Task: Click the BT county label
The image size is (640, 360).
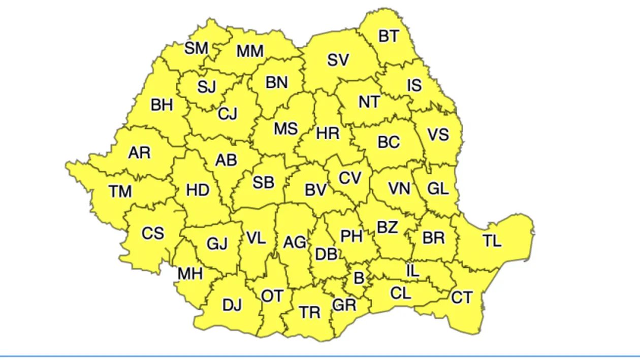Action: click(389, 37)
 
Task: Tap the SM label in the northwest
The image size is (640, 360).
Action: click(196, 49)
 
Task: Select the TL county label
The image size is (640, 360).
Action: click(492, 241)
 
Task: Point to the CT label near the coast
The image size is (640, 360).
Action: click(462, 298)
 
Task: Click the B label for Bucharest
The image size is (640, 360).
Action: click(359, 278)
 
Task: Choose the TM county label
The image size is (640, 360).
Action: click(120, 191)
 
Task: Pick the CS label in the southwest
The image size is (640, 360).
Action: click(152, 233)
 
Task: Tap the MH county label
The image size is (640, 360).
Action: click(190, 274)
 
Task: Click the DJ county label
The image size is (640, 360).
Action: click(232, 305)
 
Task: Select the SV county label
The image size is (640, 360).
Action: click(338, 60)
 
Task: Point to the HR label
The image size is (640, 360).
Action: click(328, 134)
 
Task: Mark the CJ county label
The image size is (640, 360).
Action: click(228, 114)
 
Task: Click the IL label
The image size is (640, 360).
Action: click(413, 271)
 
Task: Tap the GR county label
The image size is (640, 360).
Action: click(344, 305)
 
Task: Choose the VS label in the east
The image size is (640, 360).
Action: click(438, 135)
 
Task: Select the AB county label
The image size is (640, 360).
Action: click(226, 160)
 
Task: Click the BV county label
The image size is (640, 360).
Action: click(315, 190)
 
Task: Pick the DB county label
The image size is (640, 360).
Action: click(326, 254)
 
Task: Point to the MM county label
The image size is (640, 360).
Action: click(250, 51)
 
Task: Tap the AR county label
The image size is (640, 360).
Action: click(139, 153)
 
